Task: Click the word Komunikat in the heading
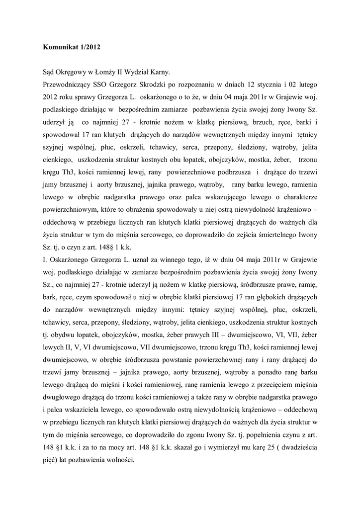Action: [x=60, y=48]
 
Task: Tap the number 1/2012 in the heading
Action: [x=92, y=48]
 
